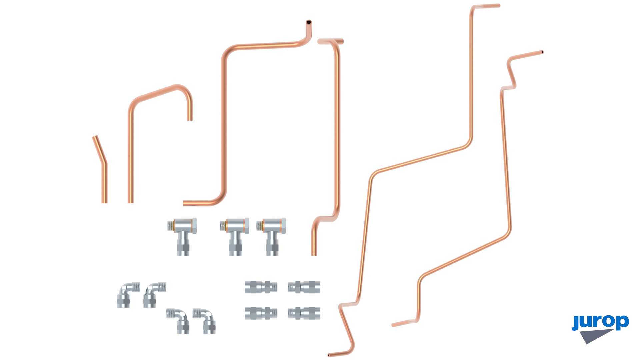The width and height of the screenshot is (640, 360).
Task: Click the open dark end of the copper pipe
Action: click(309, 22)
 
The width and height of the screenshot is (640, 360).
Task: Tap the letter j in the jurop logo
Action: click(576, 323)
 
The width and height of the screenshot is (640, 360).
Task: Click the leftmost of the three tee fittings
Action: click(182, 236)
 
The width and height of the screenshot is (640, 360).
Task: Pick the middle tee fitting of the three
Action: click(235, 236)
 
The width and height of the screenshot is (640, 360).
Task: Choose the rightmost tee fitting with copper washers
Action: click(272, 236)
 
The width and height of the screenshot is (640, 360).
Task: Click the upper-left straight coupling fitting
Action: click(261, 287)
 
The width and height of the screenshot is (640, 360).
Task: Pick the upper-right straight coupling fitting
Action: click(304, 287)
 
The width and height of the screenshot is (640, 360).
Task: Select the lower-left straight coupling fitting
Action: click(261, 313)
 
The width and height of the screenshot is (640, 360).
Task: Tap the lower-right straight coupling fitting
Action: click(304, 313)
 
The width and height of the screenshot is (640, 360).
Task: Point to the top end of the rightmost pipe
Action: click(542, 52)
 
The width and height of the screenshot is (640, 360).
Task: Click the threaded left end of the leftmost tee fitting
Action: click(170, 225)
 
